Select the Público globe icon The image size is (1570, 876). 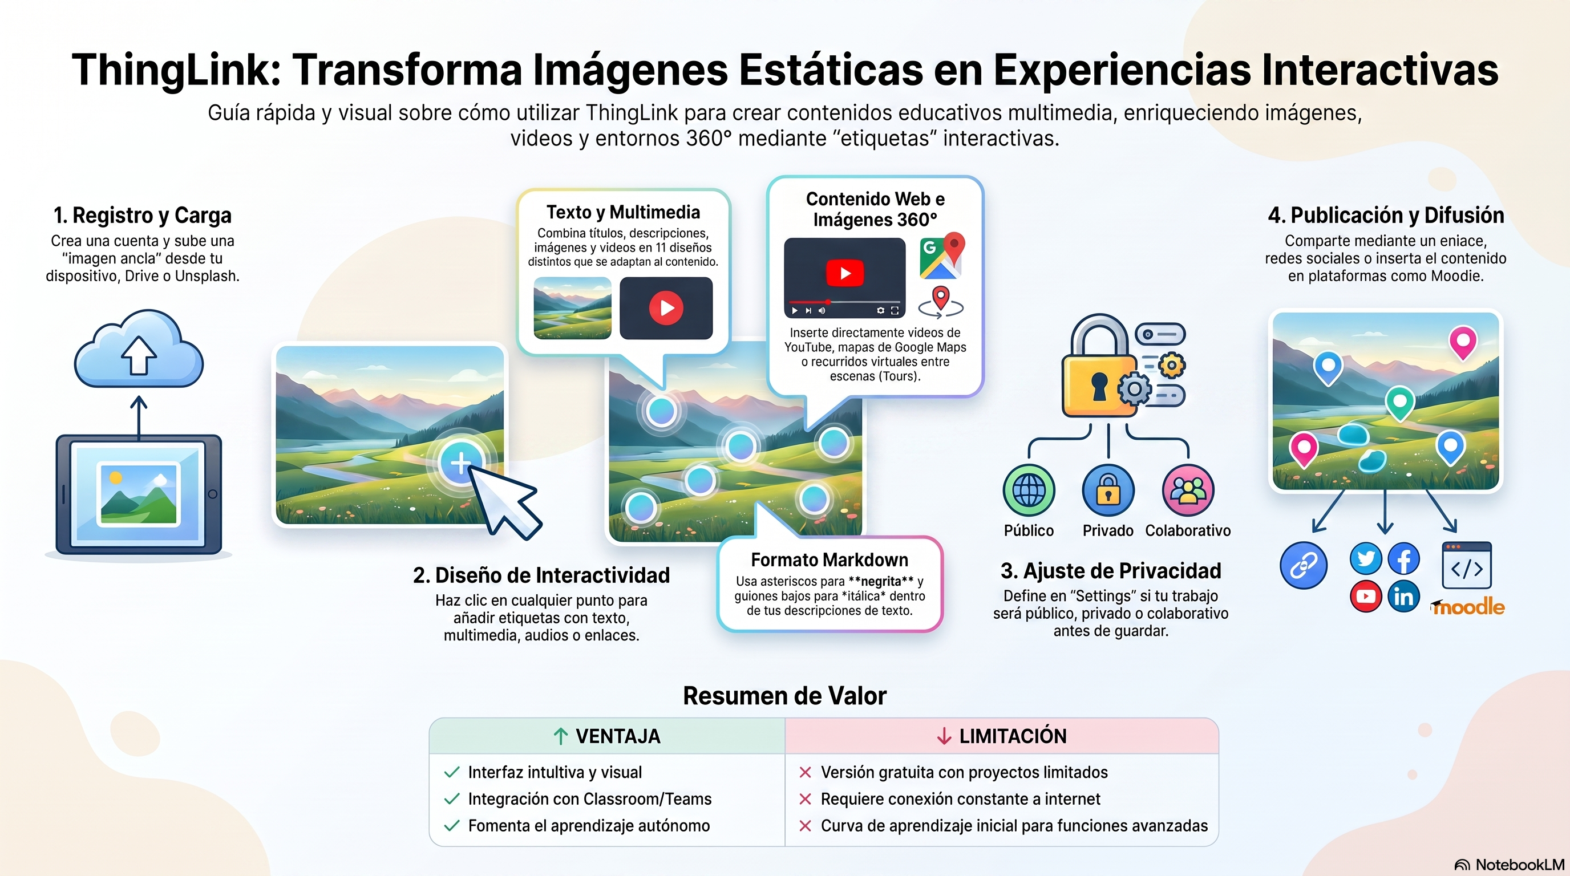[1029, 490]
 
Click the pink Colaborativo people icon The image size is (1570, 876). [1188, 490]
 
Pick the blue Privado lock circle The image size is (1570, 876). [1108, 490]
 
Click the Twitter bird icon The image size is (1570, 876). [1366, 558]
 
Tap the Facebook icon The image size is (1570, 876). [1403, 558]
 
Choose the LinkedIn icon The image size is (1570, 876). [1403, 597]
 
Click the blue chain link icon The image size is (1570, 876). [1304, 565]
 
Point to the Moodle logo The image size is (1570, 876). [1468, 606]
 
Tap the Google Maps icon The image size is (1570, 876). [942, 256]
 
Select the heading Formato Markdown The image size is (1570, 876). [829, 559]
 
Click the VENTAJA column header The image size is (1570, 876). [607, 736]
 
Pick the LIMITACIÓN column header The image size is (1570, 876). [1002, 736]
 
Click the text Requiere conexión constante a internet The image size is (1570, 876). [961, 798]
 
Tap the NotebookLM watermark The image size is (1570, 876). [1509, 865]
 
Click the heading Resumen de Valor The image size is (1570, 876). [784, 696]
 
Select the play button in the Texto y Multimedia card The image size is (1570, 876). [666, 307]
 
